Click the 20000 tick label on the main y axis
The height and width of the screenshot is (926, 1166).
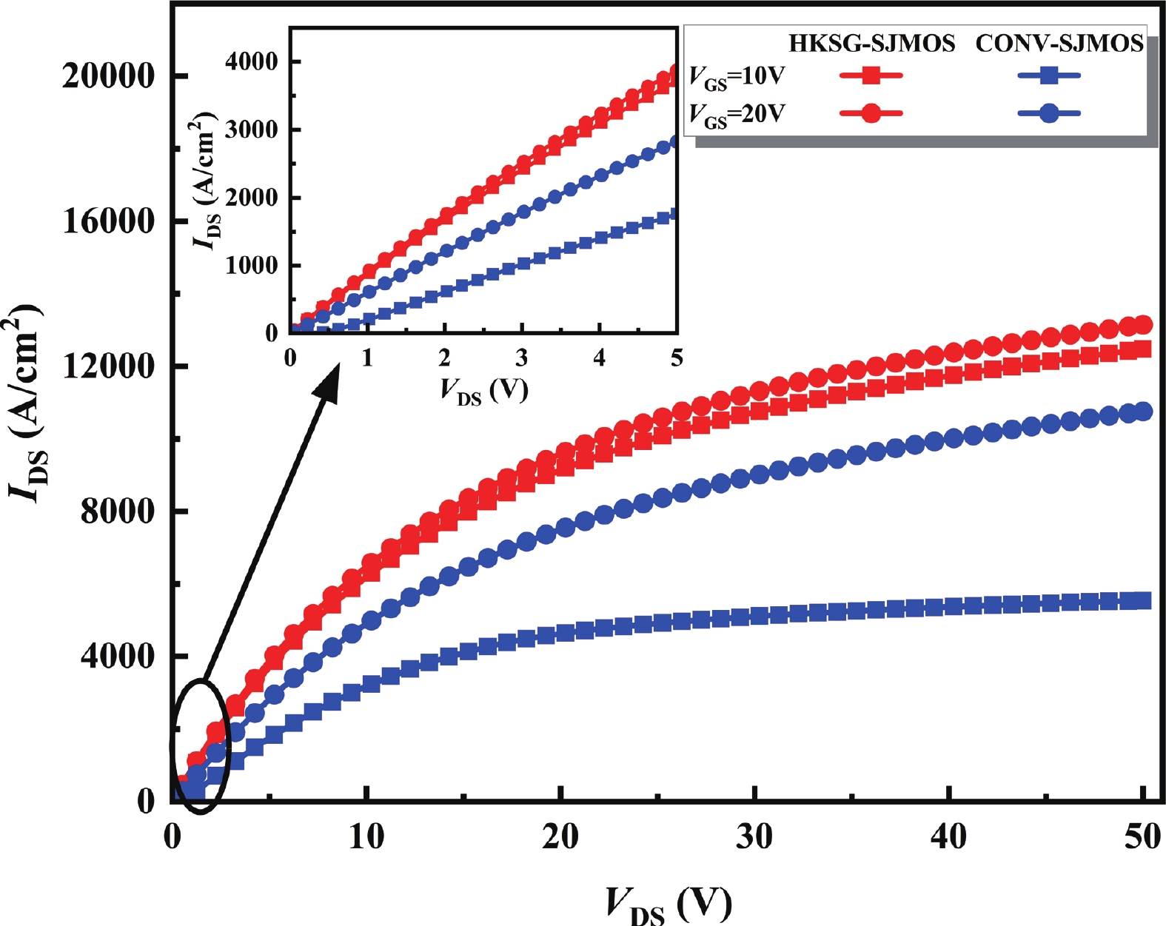108,76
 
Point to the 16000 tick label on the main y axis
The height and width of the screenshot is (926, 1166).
108,221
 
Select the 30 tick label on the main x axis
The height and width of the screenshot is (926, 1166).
754,837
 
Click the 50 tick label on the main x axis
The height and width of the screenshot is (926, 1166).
1142,837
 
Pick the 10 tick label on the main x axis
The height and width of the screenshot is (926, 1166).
366,837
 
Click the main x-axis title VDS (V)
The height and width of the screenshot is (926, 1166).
669,903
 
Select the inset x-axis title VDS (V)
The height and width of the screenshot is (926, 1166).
483,390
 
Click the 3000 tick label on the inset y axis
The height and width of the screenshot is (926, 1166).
252,130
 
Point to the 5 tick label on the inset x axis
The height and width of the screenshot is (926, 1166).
677,358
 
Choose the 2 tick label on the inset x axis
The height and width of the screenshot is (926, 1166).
444,358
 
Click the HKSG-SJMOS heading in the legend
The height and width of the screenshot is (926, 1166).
871,44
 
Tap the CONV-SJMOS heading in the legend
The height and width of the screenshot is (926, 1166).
1059,44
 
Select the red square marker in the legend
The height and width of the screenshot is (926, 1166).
871,76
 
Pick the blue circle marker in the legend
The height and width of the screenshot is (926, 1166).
1048,113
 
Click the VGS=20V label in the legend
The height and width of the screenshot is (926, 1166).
737,114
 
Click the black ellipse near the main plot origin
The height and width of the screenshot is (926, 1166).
201,745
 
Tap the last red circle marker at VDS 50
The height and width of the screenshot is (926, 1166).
1143,324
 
